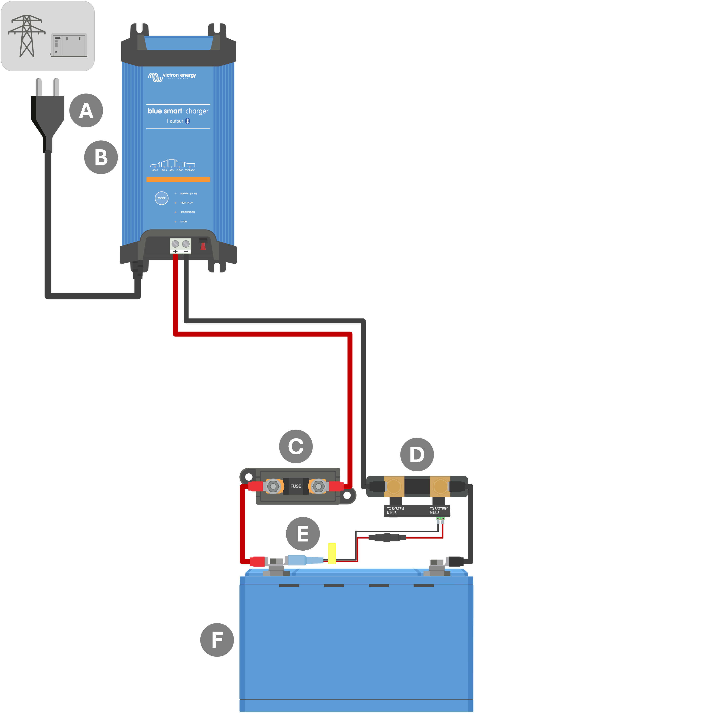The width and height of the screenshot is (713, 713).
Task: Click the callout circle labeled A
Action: click(x=86, y=110)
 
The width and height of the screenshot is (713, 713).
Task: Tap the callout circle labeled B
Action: click(x=101, y=157)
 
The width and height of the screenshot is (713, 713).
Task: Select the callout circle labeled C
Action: click(x=296, y=446)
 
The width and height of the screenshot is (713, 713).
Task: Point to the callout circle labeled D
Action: click(x=417, y=454)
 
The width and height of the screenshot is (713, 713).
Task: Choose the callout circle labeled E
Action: click(x=303, y=534)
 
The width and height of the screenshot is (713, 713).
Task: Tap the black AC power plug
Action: click(x=48, y=114)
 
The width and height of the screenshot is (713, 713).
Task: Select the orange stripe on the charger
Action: click(x=178, y=179)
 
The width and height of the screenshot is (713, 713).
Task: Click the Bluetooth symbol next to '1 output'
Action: click(x=188, y=121)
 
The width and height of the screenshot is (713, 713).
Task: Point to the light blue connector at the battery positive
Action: click(x=301, y=560)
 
